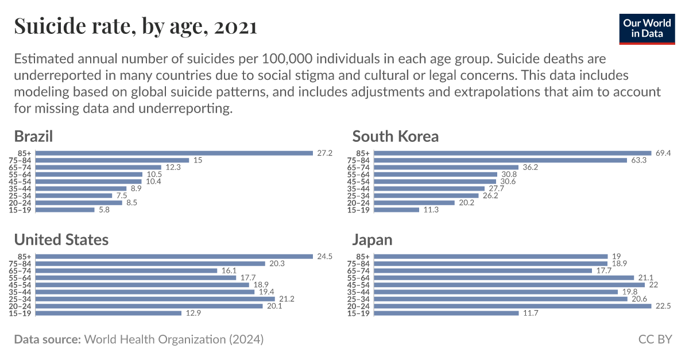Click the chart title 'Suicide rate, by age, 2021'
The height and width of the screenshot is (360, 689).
pyautogui.click(x=135, y=26)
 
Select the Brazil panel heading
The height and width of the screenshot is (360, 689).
pyautogui.click(x=33, y=136)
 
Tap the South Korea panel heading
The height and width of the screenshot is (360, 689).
pyautogui.click(x=395, y=136)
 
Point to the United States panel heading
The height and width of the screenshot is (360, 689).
pyautogui.click(x=61, y=239)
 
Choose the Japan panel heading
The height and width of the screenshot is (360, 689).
pyautogui.click(x=372, y=239)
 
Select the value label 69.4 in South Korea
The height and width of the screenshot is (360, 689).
pyautogui.click(x=663, y=153)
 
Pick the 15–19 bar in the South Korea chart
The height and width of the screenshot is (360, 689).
pyautogui.click(x=397, y=210)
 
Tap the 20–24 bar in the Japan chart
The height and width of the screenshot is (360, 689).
pyautogui.click(x=513, y=306)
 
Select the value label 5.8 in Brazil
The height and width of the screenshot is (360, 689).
pyautogui.click(x=103, y=210)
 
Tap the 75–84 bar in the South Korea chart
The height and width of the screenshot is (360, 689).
pyautogui.click(x=500, y=160)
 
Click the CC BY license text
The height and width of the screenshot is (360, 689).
pyautogui.click(x=655, y=339)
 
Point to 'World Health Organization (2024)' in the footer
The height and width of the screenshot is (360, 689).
pyautogui.click(x=174, y=339)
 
